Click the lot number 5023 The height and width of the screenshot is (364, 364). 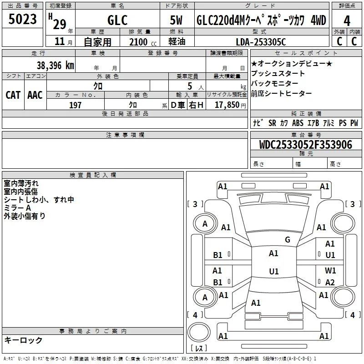(22, 19)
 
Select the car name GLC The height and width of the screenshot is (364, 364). (117, 20)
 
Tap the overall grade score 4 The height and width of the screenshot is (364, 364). (347, 21)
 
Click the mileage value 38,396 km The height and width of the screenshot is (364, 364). (55, 66)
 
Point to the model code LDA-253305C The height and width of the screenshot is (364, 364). (261, 42)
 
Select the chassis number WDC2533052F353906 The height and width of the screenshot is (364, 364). (305, 145)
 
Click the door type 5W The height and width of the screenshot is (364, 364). (176, 20)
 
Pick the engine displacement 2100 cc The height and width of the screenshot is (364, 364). (143, 42)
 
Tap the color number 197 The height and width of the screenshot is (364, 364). (75, 105)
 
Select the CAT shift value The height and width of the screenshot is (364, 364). (13, 95)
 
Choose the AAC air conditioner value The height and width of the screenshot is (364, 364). (35, 95)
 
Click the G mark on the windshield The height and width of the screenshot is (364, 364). (288, 240)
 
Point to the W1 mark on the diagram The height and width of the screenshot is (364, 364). (330, 270)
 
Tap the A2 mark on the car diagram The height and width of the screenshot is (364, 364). (330, 282)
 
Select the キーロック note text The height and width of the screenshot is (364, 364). (23, 340)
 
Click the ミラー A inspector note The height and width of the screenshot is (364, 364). (17, 208)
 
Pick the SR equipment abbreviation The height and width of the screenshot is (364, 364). (272, 123)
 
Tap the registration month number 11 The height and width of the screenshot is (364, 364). (60, 41)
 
